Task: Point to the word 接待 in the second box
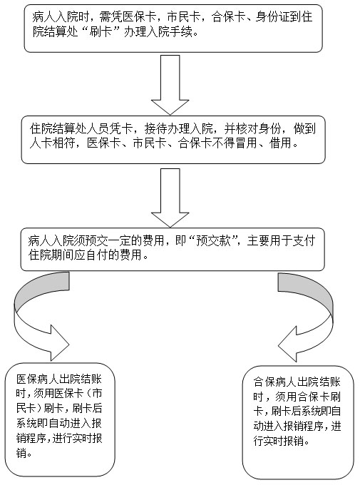pos(155,128)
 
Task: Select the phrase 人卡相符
pos(52,143)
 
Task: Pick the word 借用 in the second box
pos(280,143)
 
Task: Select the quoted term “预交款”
pos(214,240)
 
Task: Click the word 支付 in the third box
pos(304,240)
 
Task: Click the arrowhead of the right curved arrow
pos(287,344)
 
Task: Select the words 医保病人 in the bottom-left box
pos(38,379)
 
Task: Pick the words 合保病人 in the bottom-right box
pos(275,382)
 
